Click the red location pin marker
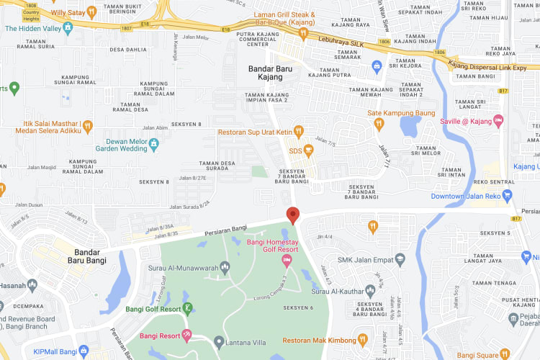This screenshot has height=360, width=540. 292,215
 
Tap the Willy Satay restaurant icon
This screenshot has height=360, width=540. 91,12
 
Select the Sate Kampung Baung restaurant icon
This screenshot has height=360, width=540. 379,124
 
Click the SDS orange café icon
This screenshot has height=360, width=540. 309,151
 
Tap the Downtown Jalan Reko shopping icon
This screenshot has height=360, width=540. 508,196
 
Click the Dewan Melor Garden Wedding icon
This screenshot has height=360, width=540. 153,145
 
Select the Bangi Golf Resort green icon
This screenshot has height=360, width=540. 187,309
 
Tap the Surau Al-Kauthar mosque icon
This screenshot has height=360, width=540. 370,291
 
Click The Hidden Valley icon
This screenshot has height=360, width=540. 68,28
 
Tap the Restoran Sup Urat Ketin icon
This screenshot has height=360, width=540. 300,132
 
